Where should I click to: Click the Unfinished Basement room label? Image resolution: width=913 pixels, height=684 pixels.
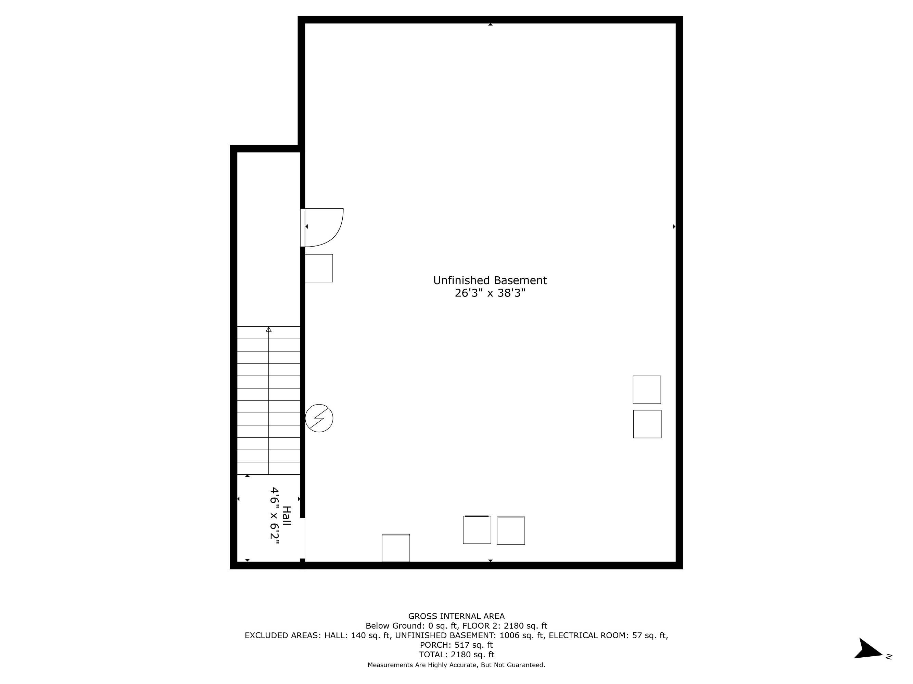point(490,280)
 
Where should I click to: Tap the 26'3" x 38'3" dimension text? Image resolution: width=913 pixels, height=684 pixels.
point(490,293)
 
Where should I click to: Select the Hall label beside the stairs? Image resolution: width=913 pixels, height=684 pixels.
point(287,515)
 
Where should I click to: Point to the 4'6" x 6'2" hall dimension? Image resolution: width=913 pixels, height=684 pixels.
point(275,516)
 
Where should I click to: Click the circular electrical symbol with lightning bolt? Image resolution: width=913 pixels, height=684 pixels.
point(319,418)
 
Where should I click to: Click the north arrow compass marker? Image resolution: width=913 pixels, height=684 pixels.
point(869,649)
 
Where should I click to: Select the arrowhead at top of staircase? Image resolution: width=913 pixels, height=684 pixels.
point(269,329)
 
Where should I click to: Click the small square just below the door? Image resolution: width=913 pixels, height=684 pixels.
point(319,268)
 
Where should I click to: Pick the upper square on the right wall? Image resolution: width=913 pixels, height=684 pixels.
point(647,390)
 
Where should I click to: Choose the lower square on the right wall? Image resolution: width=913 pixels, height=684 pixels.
point(647,424)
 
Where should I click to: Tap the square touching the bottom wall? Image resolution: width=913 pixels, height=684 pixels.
point(396,548)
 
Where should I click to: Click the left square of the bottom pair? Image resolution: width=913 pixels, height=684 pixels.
point(477,530)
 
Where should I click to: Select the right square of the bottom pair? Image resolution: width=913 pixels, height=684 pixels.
point(510,531)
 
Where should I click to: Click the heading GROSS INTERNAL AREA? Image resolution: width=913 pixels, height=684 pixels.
point(457,616)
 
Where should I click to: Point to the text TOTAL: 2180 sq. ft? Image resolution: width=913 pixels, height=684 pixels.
point(457,654)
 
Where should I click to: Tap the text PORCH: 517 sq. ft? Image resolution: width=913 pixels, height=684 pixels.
point(457,645)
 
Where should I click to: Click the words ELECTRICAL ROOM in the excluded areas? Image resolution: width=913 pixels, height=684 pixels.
point(589,635)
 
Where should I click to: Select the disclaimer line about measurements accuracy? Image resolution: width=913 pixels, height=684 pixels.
point(457,665)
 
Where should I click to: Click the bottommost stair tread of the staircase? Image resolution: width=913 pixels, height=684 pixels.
point(269,468)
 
